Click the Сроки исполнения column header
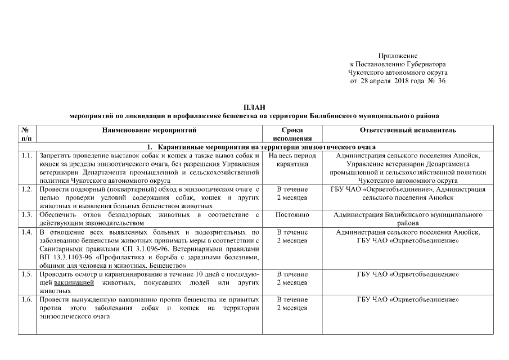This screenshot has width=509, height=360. click(292, 134)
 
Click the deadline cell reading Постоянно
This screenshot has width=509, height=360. click(292, 215)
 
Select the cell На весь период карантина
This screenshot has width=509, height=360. click(292, 160)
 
